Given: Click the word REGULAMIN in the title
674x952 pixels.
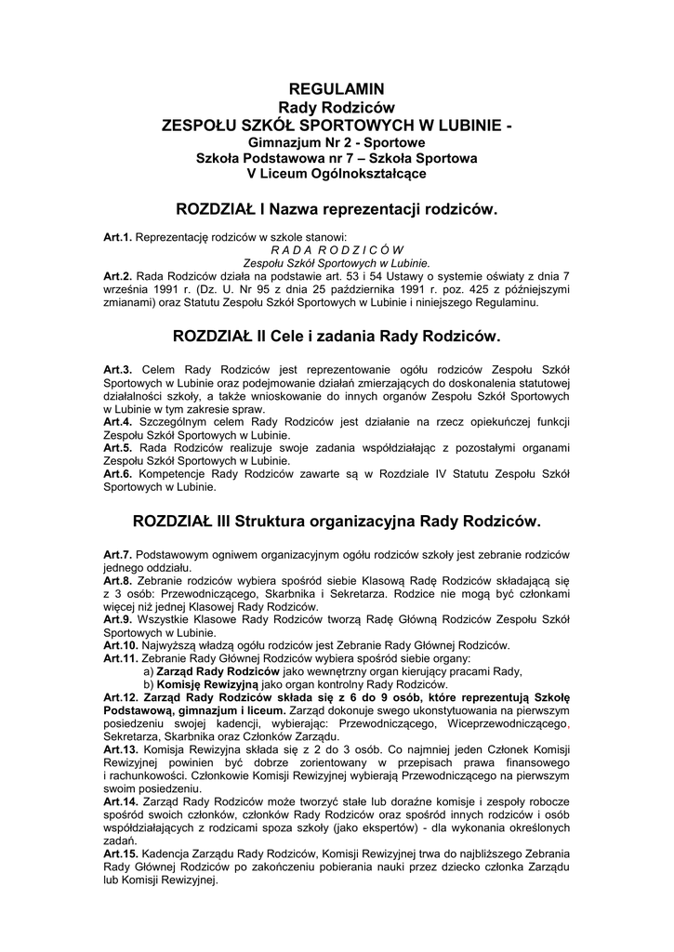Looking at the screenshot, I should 337,89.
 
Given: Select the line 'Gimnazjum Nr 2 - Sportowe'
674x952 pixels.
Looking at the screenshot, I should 337,143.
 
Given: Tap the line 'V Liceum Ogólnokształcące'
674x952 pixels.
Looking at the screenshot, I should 337,174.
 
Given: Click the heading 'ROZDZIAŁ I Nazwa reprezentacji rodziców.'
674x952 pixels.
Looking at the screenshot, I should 337,210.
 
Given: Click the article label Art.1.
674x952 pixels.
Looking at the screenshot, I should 118,239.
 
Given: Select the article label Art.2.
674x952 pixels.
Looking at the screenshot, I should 118,277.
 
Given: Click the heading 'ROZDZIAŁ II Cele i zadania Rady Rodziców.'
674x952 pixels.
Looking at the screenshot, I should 337,333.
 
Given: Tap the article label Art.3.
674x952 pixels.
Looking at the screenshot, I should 118,371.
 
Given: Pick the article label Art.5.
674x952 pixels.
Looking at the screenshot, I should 118,447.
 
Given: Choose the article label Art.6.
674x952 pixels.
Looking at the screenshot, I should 118,473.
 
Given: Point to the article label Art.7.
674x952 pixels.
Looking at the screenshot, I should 118,555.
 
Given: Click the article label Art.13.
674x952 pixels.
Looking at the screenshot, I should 121,748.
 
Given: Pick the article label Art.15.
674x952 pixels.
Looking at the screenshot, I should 121,854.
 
